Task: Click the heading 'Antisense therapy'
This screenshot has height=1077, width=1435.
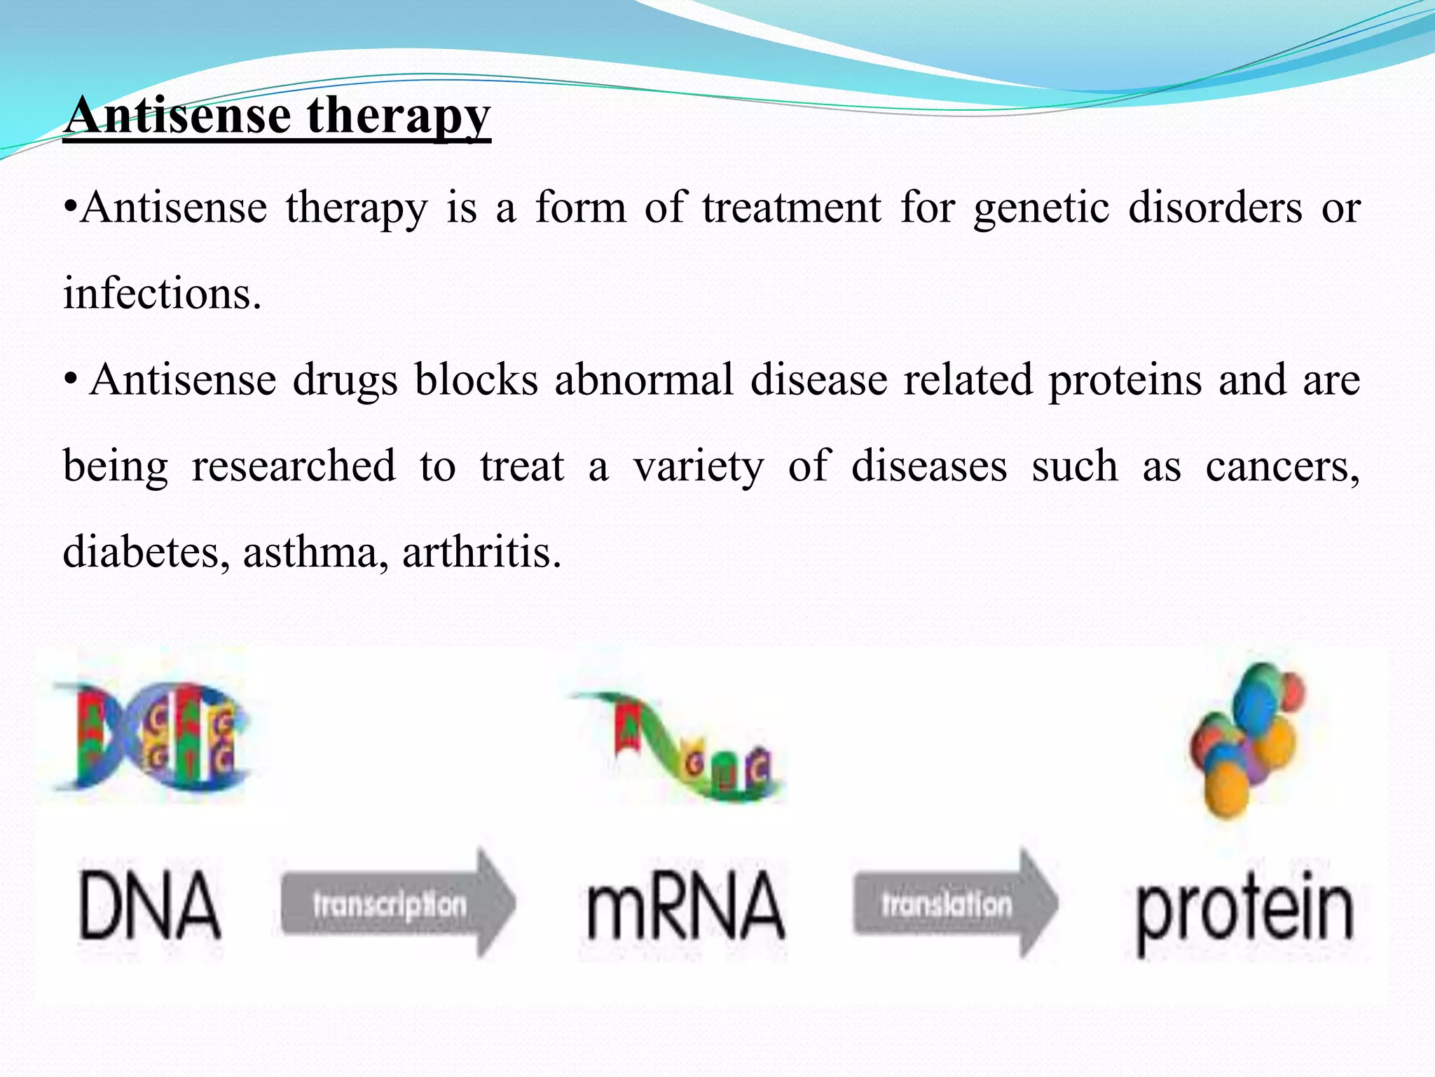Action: (x=277, y=116)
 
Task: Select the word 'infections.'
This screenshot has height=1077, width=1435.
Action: (x=162, y=294)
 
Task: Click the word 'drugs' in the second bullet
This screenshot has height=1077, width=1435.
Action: (x=345, y=381)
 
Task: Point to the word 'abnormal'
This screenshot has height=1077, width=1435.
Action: (x=643, y=381)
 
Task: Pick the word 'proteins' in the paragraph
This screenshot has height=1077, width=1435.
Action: (x=1125, y=381)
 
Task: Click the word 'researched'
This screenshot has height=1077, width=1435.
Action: (x=294, y=466)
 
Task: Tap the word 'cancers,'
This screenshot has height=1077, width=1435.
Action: (x=1282, y=466)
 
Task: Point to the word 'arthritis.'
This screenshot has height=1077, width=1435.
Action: (x=481, y=552)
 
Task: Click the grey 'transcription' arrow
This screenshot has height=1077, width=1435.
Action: (x=396, y=904)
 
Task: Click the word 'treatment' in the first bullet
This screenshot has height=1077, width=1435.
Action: (x=792, y=209)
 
